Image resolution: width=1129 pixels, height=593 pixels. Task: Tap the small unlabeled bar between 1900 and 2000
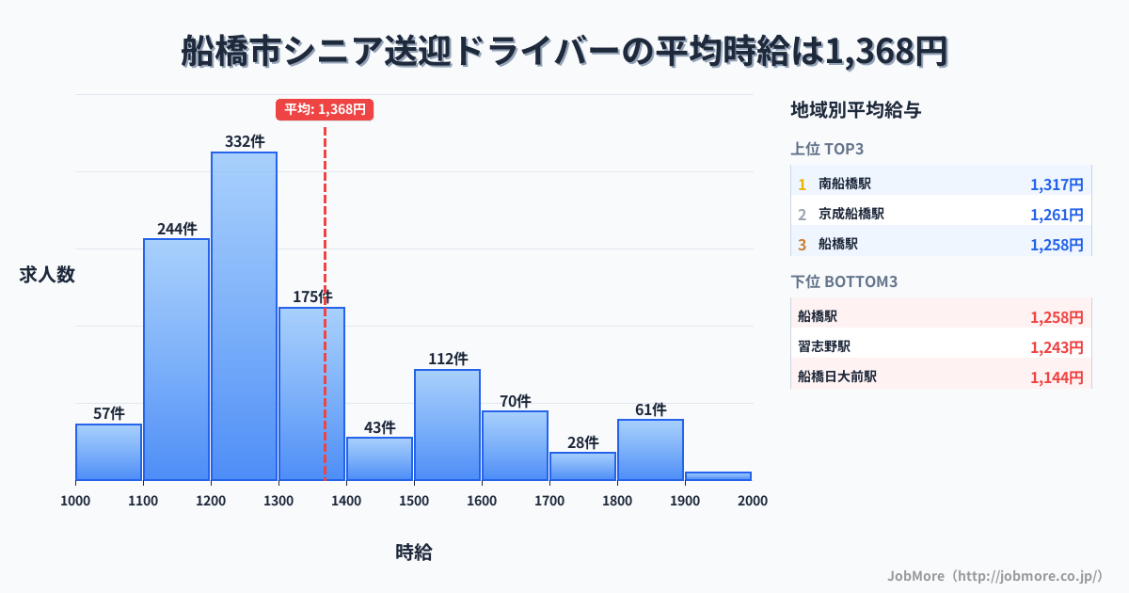718,476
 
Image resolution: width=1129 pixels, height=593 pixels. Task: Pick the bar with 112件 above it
447,425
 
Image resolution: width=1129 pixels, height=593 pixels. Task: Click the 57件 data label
109,413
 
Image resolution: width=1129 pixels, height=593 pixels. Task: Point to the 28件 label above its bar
583,442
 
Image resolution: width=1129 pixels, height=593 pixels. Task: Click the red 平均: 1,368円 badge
325,109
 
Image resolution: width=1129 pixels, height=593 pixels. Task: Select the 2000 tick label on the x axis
752,501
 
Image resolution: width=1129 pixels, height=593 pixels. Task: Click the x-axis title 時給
413,553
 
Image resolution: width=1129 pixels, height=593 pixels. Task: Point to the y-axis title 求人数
47,275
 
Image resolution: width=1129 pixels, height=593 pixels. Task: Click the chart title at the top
564,51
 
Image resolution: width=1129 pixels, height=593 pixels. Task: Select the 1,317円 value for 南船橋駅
1057,184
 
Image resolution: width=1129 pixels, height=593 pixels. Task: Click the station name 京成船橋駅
851,214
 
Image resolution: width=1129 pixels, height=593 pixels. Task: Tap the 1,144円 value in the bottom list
1057,377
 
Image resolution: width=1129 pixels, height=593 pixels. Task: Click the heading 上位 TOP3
827,149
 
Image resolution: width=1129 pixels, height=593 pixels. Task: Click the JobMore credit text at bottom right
994,575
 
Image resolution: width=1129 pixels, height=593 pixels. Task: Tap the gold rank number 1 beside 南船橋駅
802,184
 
